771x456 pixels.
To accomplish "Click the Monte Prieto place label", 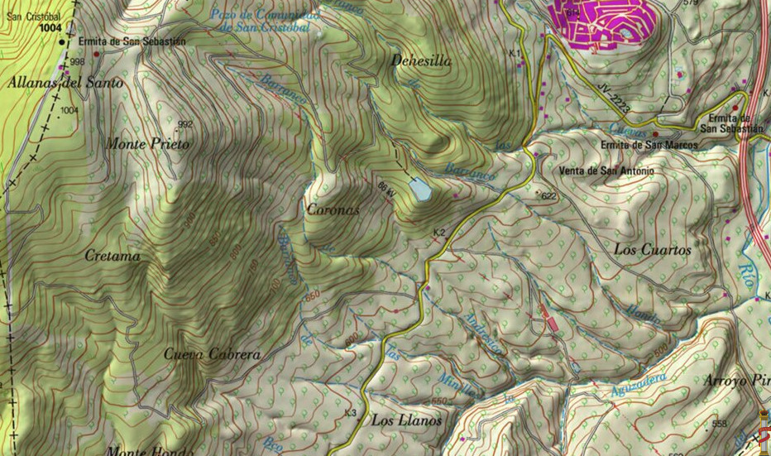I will coord(148,144).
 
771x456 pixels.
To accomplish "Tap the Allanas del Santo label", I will coord(65,83).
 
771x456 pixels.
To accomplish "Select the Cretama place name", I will coord(113,257).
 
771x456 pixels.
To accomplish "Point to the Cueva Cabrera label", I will coord(212,354).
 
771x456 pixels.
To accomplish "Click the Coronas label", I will coord(333,210).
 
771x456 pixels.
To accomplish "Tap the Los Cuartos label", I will coord(652,249).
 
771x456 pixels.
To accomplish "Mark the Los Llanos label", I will coord(406,420).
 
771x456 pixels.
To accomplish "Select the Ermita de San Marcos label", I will coord(649,145).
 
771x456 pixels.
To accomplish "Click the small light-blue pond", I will coord(419,190).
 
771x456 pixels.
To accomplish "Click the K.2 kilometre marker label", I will coord(439,233).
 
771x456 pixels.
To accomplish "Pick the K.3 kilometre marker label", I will coord(350,413).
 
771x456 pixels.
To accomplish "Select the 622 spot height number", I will coord(548,195).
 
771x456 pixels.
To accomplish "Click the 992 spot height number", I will coord(184,124).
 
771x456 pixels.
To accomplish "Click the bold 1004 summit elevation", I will coord(50,27).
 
